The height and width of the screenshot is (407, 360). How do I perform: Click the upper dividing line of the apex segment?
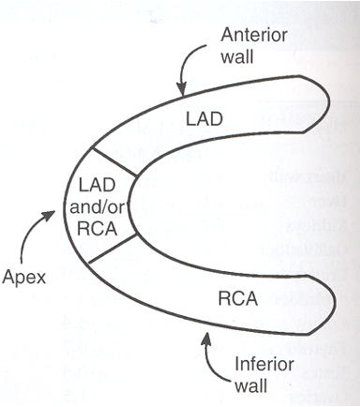coord(114,162)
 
